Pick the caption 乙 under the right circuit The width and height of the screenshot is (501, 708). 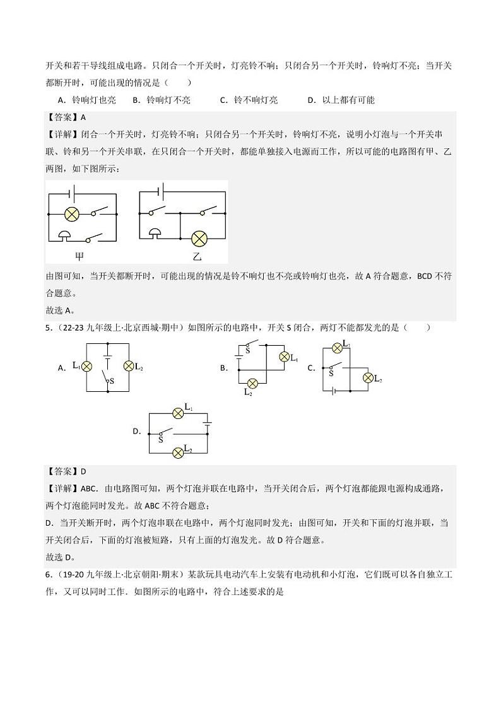point(180,256)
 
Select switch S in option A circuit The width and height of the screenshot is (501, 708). point(107,377)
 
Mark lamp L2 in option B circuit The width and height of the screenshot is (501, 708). point(252,384)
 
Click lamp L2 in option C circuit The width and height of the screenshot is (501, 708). point(368,377)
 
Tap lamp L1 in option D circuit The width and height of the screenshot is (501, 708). point(178,413)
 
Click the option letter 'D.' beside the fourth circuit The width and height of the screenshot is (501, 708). point(137,432)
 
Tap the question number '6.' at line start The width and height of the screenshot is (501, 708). point(48,575)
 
